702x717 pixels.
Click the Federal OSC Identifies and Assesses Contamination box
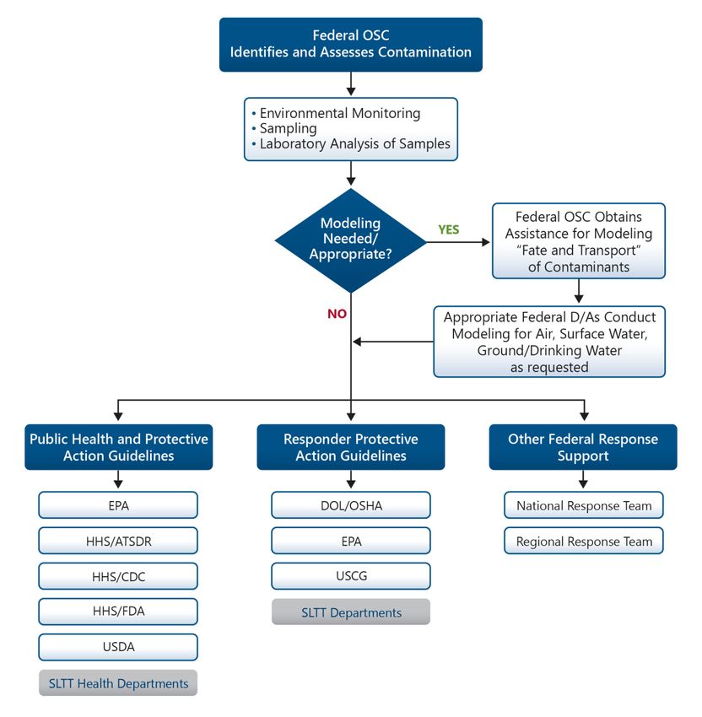[x=351, y=45]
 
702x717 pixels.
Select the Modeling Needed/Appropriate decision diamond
[x=351, y=240]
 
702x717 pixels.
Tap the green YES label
[x=448, y=229]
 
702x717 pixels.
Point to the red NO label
[x=337, y=314]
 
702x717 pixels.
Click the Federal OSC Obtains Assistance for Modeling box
[x=579, y=241]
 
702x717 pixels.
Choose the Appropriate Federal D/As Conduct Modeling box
[x=549, y=342]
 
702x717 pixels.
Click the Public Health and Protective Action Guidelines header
[x=119, y=447]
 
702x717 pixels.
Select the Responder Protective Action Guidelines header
[x=351, y=447]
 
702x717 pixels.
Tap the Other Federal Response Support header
[x=583, y=447]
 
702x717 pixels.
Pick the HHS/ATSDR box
[x=118, y=541]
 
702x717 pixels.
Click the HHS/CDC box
[x=118, y=576]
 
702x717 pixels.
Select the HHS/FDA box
[x=118, y=612]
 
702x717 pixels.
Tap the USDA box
[x=118, y=647]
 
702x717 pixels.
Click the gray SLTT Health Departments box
[x=118, y=683]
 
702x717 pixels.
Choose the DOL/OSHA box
[x=351, y=505]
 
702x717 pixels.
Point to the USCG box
[x=351, y=576]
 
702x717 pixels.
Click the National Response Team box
[x=584, y=505]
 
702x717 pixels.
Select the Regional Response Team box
[x=584, y=541]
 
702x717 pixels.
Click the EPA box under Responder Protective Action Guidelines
[x=351, y=541]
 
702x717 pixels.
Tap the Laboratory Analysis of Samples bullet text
[x=355, y=143]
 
